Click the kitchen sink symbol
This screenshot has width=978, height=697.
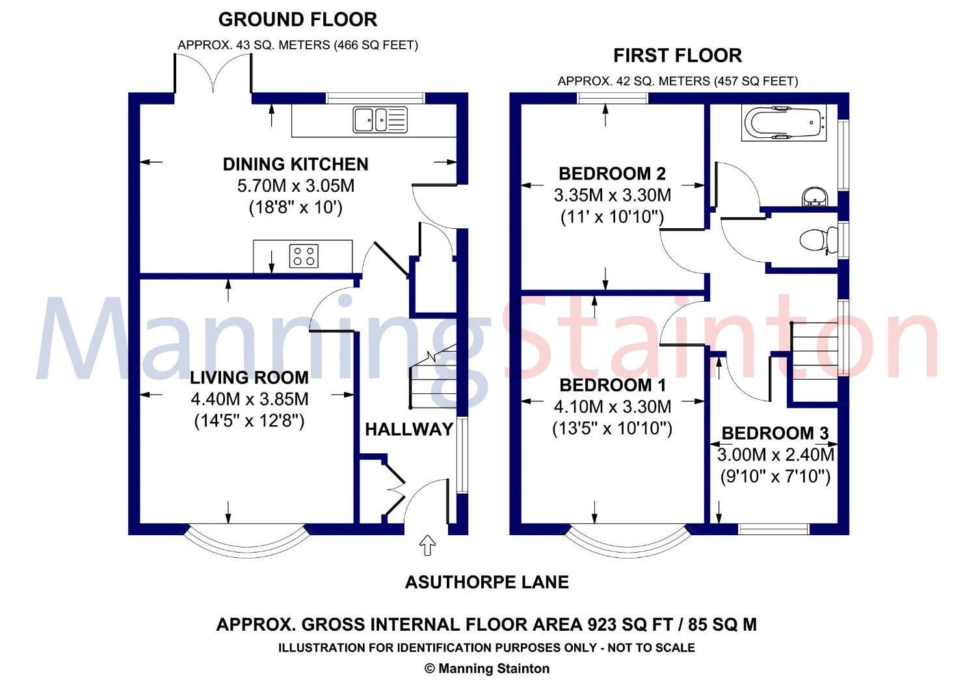click(x=379, y=120)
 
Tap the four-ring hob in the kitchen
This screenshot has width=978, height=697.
click(x=304, y=256)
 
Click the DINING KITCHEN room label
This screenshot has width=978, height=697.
click(x=295, y=164)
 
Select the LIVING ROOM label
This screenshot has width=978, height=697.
click(x=249, y=378)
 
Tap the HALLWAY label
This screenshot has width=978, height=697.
click(x=408, y=429)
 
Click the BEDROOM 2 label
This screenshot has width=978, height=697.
click(x=612, y=174)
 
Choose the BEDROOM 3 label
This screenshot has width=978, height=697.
click(x=774, y=434)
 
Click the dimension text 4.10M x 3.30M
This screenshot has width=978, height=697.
click(x=612, y=407)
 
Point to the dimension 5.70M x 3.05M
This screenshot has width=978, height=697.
click(x=295, y=186)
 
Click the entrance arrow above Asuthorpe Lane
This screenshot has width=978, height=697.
click(x=427, y=546)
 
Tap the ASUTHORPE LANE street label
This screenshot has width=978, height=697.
click(x=486, y=582)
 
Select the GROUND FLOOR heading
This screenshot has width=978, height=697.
click(x=297, y=20)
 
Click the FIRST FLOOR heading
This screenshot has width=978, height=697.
click(x=677, y=56)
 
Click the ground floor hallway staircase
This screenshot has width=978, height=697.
click(x=432, y=380)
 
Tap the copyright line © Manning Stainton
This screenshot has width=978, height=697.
click(x=486, y=668)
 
